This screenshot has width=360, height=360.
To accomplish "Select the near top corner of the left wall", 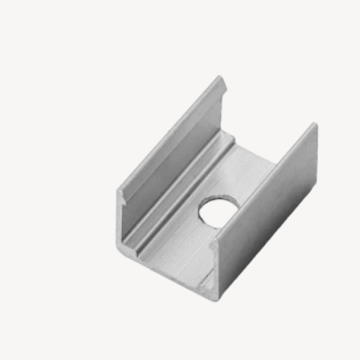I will coord(119,193).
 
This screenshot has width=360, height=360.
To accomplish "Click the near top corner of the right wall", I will coord(215,241).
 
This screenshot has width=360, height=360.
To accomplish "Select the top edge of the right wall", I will coord(264,182).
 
